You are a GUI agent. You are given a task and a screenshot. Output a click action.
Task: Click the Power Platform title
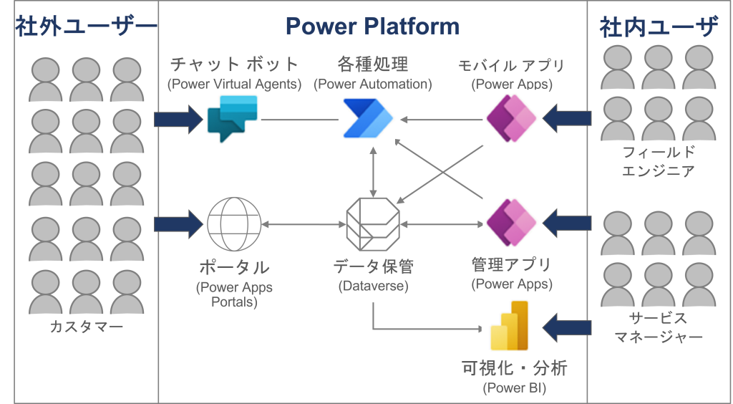tap(372, 27)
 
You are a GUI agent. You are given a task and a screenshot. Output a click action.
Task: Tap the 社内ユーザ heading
tap(659, 27)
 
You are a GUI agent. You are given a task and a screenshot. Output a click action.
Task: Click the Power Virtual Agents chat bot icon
tap(232, 117)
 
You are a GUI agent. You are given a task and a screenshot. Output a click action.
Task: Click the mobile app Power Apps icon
tap(511, 117)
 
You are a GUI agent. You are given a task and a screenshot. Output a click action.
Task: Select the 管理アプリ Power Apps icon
tap(511, 222)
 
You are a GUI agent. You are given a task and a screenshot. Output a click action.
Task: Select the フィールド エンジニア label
tap(659, 162)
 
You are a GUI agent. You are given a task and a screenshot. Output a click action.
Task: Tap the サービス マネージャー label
tap(659, 327)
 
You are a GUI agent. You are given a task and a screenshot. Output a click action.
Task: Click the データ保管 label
tap(373, 267)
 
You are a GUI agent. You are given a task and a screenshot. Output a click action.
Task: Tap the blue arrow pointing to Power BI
tap(567, 328)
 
